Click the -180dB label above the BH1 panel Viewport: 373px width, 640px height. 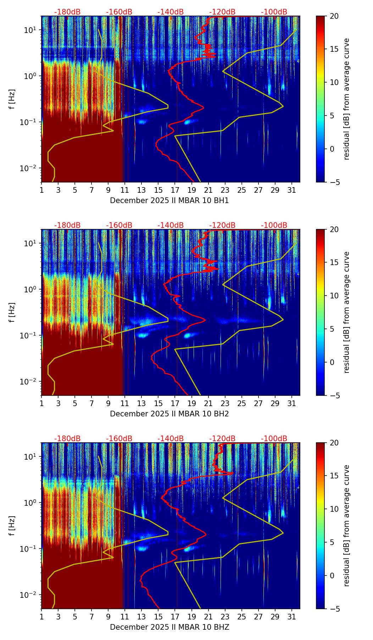pos(67,12)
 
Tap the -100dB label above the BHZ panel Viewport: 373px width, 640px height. pos(274,439)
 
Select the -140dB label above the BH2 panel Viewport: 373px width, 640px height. pos(171,225)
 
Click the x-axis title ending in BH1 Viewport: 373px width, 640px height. pos(169,201)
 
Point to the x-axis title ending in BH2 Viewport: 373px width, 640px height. pos(169,414)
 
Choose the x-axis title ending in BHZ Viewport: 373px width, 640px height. pos(169,627)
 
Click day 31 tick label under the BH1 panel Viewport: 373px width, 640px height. pos(292,190)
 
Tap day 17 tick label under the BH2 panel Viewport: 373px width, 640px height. pos(175,403)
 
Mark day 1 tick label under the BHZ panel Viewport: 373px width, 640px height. pos(41,617)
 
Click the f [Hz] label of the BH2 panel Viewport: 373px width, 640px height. pos(12,312)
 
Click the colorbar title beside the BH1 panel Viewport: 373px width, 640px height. pos(347,99)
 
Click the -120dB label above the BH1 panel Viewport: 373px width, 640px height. pos(222,12)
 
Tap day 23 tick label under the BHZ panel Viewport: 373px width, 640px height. pos(225,617)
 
